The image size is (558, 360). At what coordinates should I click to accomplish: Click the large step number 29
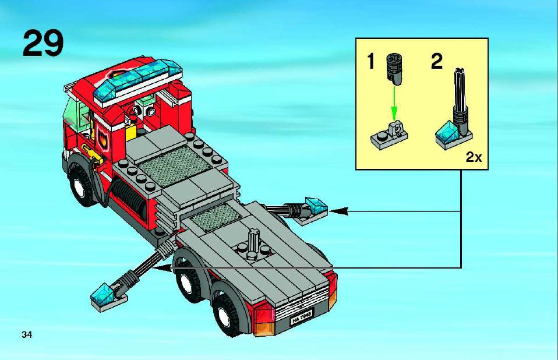(43, 43)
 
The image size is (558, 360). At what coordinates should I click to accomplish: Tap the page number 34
(27, 335)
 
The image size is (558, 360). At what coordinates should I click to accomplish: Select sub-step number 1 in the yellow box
(371, 61)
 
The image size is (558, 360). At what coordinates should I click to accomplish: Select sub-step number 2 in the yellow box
(437, 61)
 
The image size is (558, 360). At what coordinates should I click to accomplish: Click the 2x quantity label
(474, 157)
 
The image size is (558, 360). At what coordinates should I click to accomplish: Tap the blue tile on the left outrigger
(103, 294)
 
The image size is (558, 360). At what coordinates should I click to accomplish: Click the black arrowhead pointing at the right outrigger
(338, 211)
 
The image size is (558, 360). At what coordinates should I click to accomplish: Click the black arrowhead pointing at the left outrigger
(162, 268)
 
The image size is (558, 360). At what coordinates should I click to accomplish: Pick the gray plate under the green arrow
(389, 136)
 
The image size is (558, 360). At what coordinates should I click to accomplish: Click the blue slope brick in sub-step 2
(447, 132)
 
